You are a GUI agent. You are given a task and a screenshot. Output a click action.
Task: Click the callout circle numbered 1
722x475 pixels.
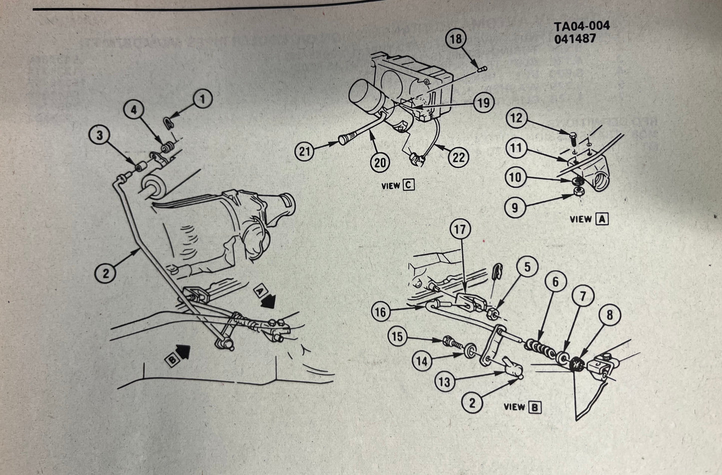(202, 99)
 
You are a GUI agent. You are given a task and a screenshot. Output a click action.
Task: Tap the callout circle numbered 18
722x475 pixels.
(456, 39)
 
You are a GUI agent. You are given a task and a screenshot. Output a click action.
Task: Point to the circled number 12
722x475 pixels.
(516, 118)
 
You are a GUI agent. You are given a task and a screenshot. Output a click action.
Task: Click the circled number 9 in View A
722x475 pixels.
(516, 206)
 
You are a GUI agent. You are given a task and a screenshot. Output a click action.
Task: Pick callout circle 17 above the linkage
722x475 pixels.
(460, 230)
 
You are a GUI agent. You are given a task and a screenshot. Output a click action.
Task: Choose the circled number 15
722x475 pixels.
(397, 336)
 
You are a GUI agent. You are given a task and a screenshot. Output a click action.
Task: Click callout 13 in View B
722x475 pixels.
(445, 382)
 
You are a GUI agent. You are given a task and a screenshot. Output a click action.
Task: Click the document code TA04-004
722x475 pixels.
(582, 26)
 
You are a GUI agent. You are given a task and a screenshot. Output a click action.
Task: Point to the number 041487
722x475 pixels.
(575, 38)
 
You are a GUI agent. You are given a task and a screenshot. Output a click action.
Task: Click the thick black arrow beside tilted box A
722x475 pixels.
(271, 300)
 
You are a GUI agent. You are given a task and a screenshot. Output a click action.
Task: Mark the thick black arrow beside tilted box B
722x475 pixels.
(183, 353)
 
